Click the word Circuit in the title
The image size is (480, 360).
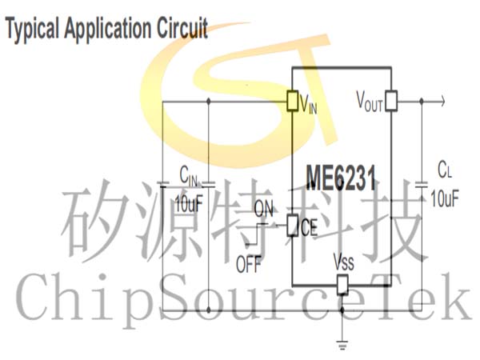[182, 27]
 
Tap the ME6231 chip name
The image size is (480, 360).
[341, 178]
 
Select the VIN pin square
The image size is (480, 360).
[292, 101]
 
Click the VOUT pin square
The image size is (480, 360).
[391, 101]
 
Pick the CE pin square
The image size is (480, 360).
[292, 226]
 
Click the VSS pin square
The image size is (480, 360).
[342, 285]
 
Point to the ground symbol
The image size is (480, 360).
[342, 344]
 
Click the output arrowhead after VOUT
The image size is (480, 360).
[442, 101]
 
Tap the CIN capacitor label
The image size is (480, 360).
[188, 176]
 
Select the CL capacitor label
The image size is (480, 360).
[445, 170]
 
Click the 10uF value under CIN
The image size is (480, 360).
[189, 203]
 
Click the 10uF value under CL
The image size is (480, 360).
[445, 198]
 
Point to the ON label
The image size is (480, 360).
[263, 209]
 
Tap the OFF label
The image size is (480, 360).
[249, 264]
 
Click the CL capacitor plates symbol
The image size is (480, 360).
[422, 184]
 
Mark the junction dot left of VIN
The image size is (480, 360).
[209, 101]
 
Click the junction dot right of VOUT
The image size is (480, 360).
[422, 101]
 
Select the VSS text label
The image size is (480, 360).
[344, 262]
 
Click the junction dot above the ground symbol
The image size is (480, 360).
[342, 310]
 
